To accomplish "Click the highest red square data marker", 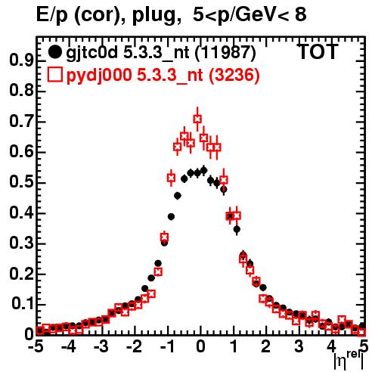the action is [197, 119].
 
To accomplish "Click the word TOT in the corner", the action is [318, 51].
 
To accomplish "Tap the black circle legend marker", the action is [54, 52].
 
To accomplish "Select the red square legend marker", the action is [54, 75].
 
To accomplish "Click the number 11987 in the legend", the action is [225, 52].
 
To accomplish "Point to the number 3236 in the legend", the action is [234, 75].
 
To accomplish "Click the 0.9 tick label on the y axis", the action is [21, 60].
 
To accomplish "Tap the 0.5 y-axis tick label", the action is [21, 182].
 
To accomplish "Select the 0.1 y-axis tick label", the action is [22, 304].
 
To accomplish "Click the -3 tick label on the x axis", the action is [101, 346].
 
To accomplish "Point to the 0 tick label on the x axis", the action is [200, 346].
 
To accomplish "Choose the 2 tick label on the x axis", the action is [265, 346].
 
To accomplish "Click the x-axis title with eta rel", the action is [349, 361].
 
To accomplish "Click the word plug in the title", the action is [153, 16].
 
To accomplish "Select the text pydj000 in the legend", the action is [99, 76].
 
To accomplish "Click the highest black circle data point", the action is [204, 171].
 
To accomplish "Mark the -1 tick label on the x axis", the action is [167, 346].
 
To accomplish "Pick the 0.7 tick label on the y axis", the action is [21, 121].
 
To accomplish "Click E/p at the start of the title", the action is [52, 16].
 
